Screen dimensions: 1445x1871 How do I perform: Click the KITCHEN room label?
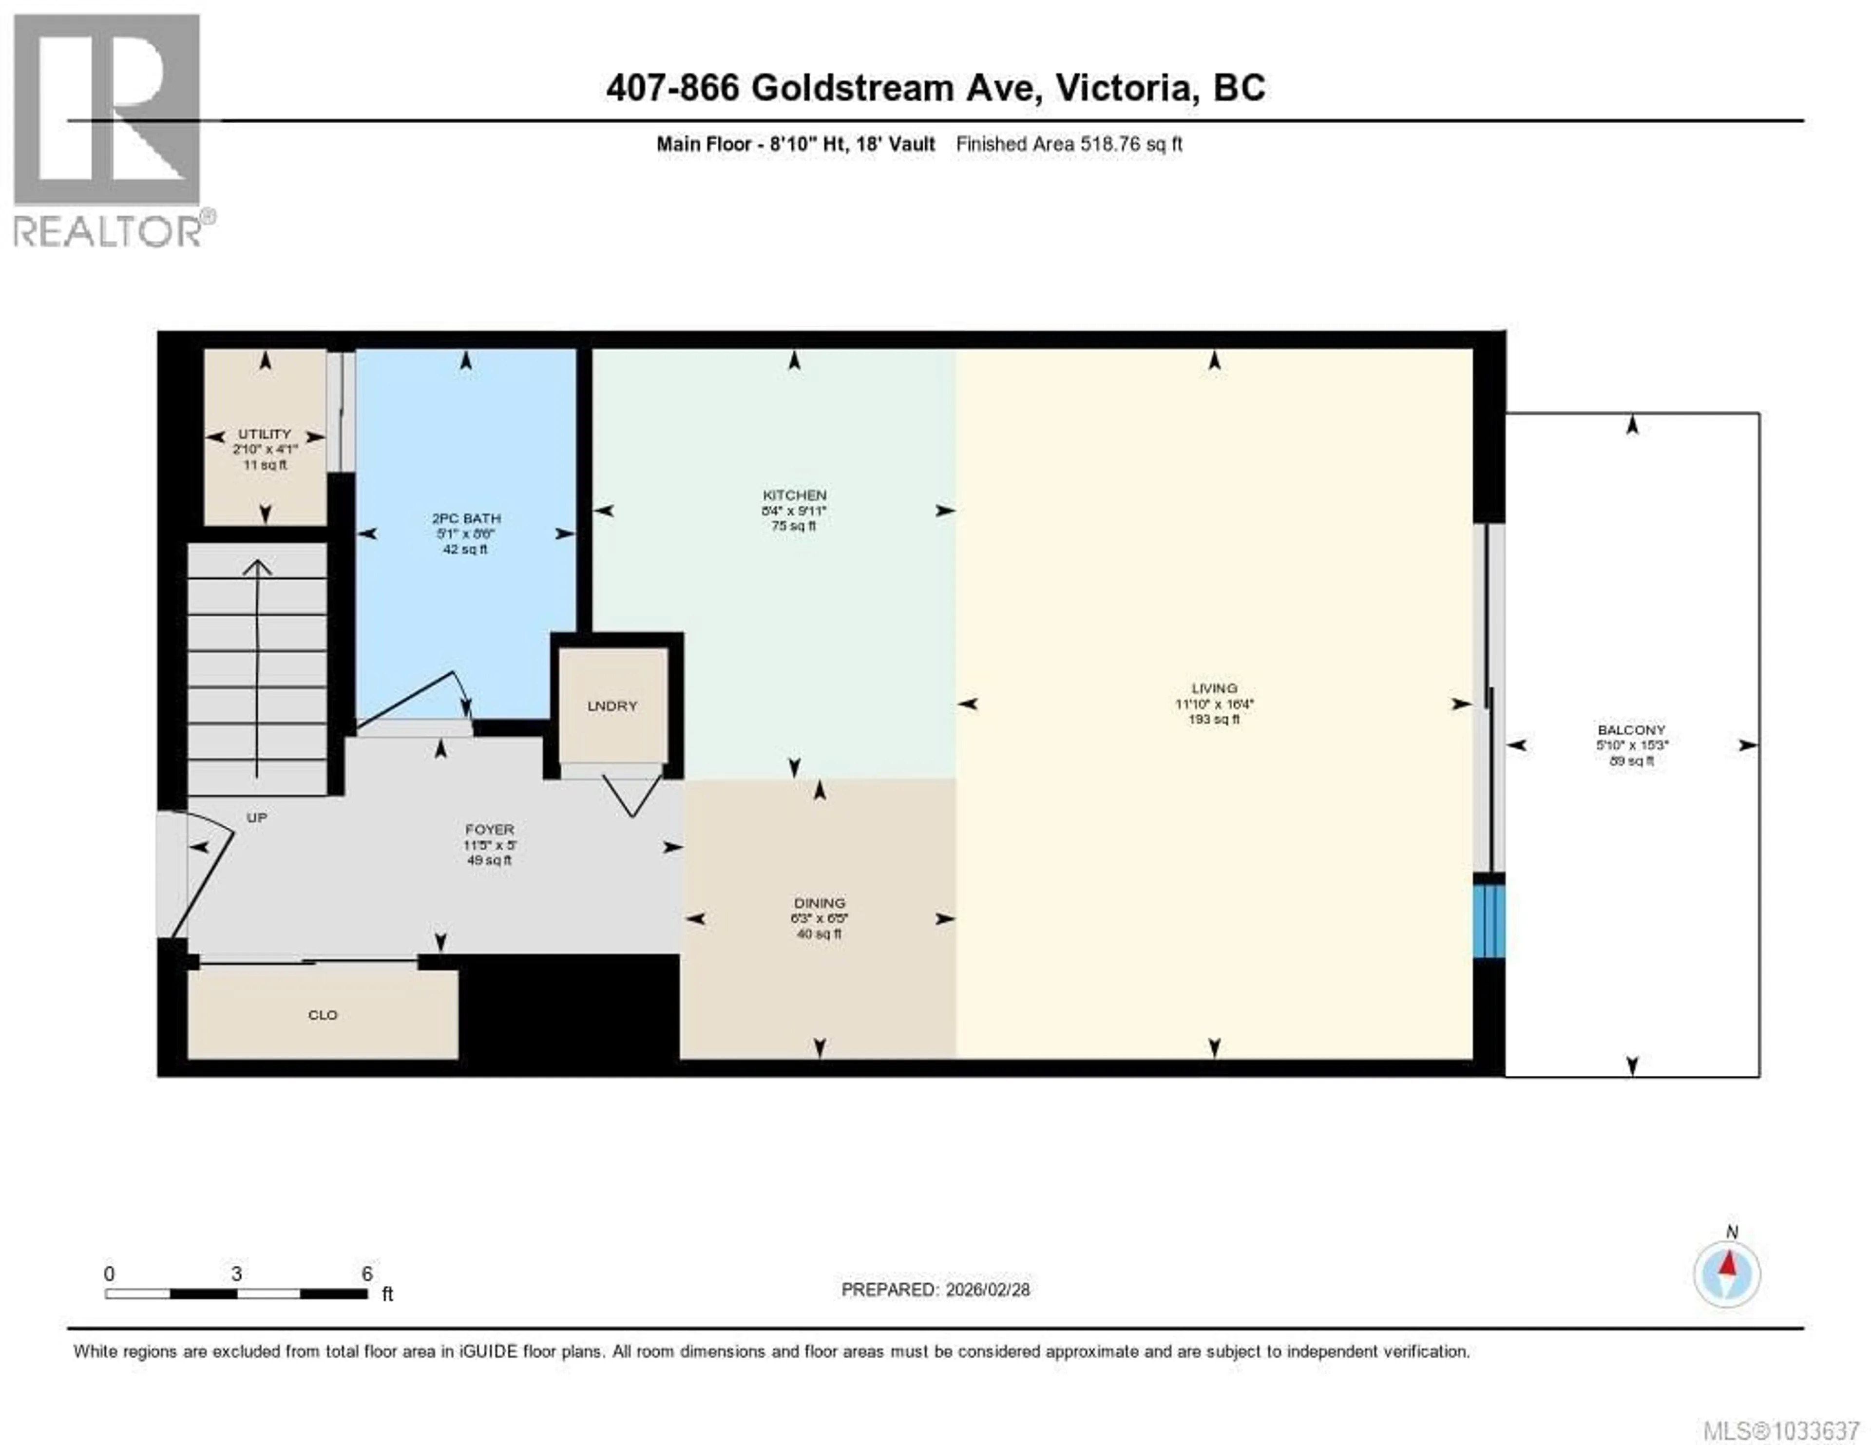tap(794, 495)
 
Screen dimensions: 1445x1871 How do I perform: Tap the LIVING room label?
tap(1214, 688)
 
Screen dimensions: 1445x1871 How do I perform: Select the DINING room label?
tap(819, 903)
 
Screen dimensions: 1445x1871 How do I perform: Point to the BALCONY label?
tap(1631, 730)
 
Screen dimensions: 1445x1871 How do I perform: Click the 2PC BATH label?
tap(466, 518)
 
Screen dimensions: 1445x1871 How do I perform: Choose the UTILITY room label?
tap(265, 434)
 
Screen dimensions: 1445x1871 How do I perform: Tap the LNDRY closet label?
tap(612, 706)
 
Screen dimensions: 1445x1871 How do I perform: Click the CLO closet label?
tap(323, 1015)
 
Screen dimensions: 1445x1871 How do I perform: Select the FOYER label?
tap(489, 829)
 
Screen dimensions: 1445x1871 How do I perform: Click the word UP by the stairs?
tap(257, 818)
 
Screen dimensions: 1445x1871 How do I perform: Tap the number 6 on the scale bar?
tap(367, 1274)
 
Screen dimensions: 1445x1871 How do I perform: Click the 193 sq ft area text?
tap(1214, 720)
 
